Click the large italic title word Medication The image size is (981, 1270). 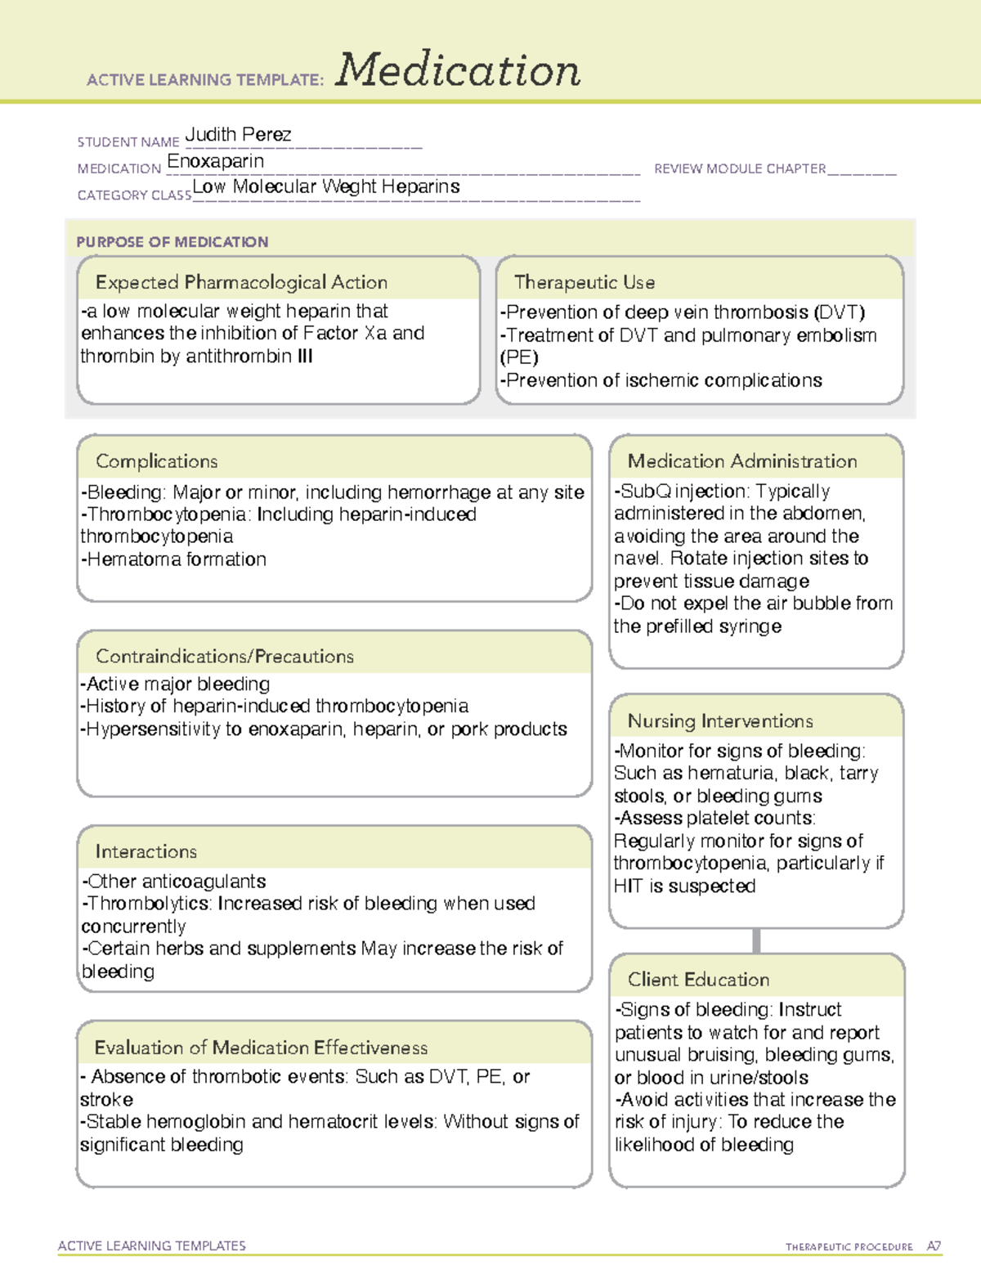[458, 70]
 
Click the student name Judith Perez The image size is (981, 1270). [238, 135]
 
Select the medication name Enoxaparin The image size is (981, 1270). [216, 161]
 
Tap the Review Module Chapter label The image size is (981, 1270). [740, 168]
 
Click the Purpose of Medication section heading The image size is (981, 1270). [172, 242]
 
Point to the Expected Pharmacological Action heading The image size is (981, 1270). [241, 282]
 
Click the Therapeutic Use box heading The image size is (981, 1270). [585, 282]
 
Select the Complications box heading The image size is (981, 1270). [157, 461]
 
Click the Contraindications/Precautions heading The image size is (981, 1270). [225, 656]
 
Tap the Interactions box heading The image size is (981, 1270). [146, 851]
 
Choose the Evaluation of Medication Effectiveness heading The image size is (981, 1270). [261, 1048]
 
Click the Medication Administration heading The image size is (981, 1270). [742, 461]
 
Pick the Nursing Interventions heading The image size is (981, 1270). [720, 720]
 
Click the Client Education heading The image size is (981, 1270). [698, 979]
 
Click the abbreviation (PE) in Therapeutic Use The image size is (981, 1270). [519, 357]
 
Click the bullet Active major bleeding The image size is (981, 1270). [176, 684]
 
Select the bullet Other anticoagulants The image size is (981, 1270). [174, 882]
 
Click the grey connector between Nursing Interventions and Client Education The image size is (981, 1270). [756, 940]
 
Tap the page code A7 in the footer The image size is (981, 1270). [934, 1246]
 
